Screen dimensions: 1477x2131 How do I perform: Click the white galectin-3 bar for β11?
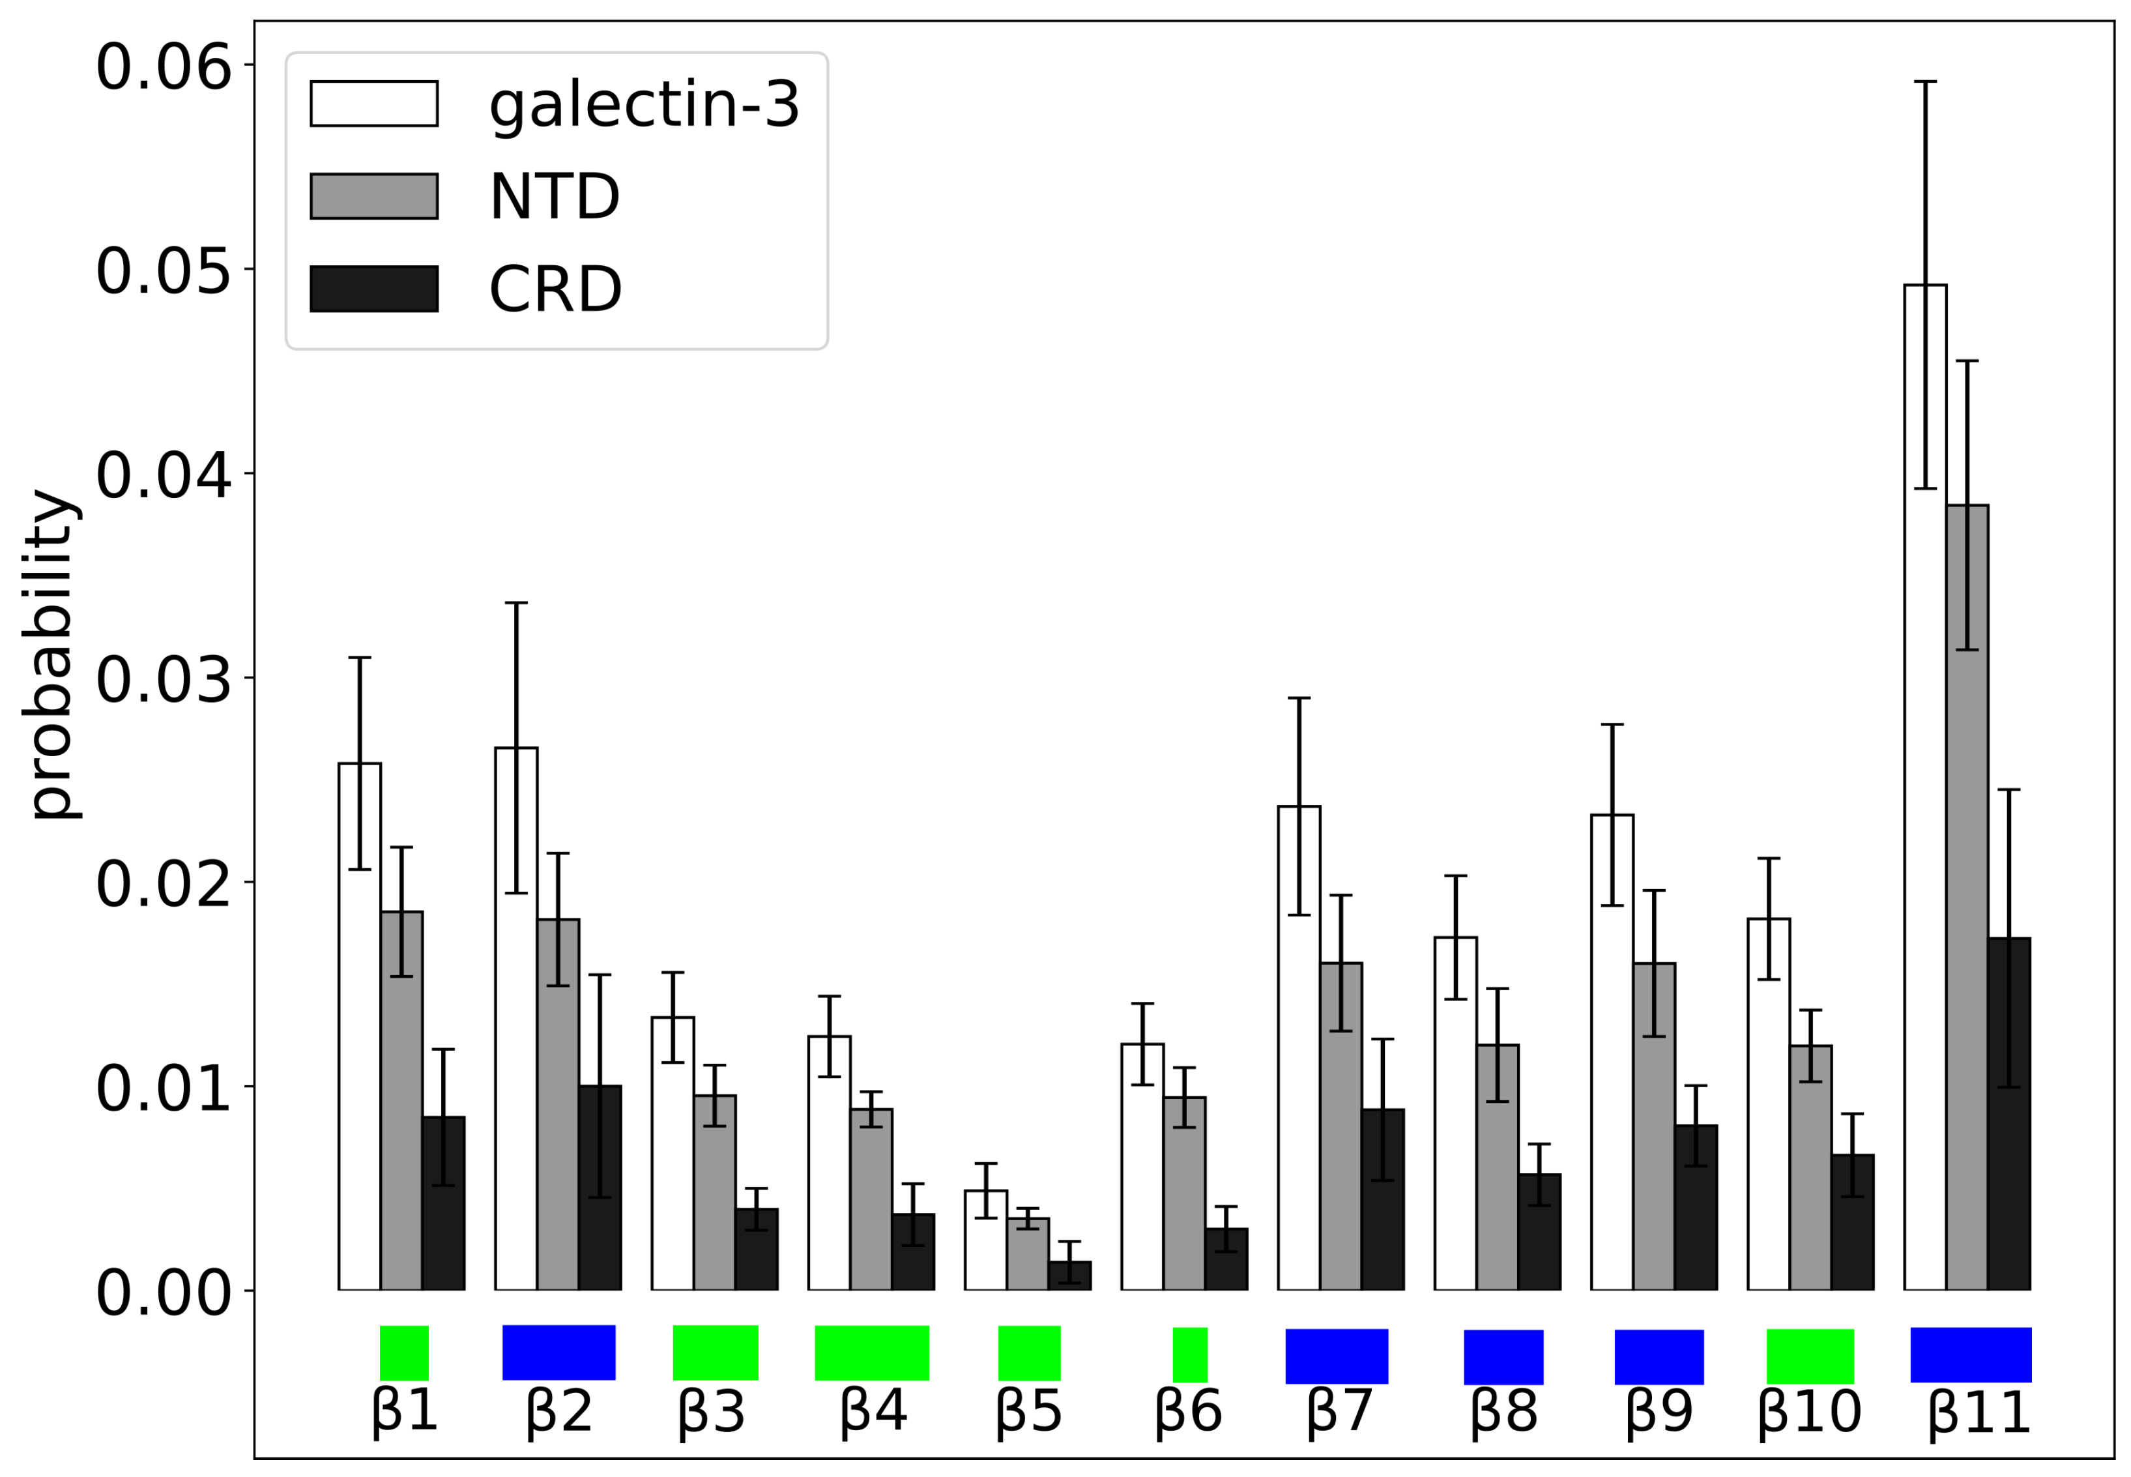tap(1924, 787)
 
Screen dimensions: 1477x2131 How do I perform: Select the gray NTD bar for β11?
tap(1966, 898)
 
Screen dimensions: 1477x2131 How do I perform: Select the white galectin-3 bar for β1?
tap(359, 1027)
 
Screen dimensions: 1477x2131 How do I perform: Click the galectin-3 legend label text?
tap(644, 104)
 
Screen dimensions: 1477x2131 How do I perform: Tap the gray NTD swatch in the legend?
tap(374, 196)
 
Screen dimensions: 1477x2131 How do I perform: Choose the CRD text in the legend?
tap(555, 289)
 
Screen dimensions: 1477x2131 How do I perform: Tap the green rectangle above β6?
tap(1190, 1355)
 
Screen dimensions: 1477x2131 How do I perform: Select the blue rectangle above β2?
tap(559, 1352)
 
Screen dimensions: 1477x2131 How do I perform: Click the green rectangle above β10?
tap(1810, 1356)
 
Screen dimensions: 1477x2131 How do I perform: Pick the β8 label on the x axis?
tap(1503, 1412)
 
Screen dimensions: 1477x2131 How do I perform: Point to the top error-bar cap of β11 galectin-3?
tap(1924, 81)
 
